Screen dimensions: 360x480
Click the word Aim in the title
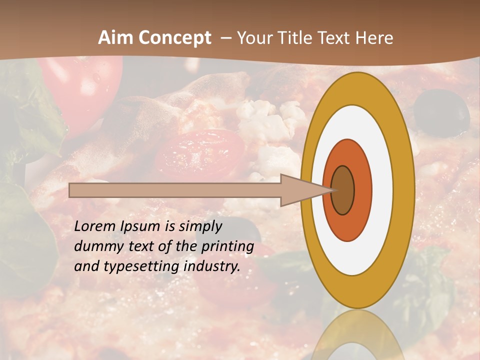[x=116, y=38]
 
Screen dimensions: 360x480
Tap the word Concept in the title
[x=175, y=38]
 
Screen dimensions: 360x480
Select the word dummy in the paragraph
[x=97, y=246]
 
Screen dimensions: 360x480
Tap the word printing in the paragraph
[x=227, y=247]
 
